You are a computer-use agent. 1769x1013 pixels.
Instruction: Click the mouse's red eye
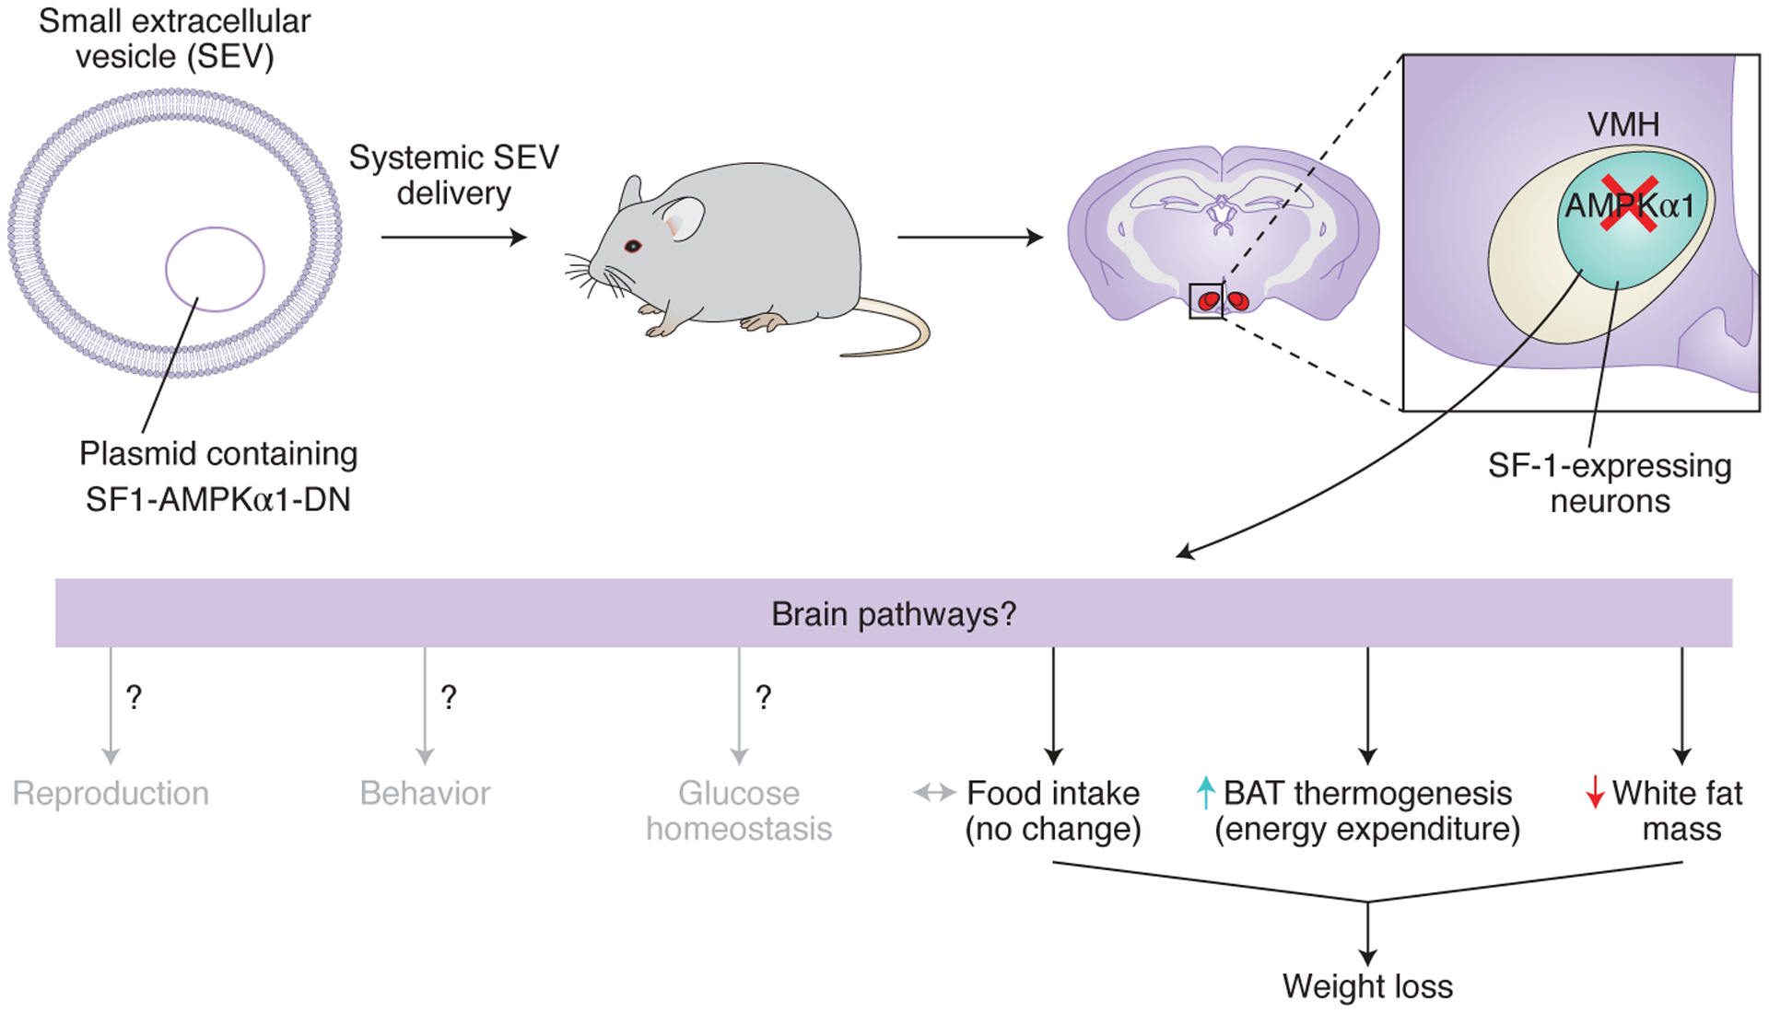pyautogui.click(x=633, y=246)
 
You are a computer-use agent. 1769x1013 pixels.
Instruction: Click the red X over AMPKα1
pyautogui.click(x=1629, y=204)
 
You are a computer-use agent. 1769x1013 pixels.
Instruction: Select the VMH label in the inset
pyautogui.click(x=1623, y=124)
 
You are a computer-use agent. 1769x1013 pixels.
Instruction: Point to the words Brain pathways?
pyautogui.click(x=894, y=614)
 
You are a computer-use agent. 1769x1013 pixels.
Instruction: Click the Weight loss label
pyautogui.click(x=1367, y=986)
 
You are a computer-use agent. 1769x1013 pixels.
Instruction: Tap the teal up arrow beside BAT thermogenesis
pyautogui.click(x=1205, y=793)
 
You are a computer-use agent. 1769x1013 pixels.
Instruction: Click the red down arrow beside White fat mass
pyautogui.click(x=1595, y=793)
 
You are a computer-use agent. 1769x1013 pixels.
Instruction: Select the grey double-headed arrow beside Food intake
pyautogui.click(x=934, y=793)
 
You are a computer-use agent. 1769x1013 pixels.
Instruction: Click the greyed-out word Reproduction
pyautogui.click(x=111, y=793)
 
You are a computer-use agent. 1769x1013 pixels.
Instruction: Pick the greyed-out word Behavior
pyautogui.click(x=425, y=793)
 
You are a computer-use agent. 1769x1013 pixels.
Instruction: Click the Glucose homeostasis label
pyautogui.click(x=739, y=810)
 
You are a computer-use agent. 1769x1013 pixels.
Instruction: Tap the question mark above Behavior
pyautogui.click(x=449, y=697)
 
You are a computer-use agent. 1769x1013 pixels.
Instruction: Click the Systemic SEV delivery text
pyautogui.click(x=453, y=175)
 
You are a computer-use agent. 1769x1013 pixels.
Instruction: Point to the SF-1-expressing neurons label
pyautogui.click(x=1610, y=483)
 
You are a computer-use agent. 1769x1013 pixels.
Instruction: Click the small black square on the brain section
pyautogui.click(x=1206, y=301)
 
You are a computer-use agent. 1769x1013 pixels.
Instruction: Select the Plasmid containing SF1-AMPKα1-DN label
pyautogui.click(x=218, y=476)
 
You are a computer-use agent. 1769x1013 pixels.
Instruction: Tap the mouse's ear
pyautogui.click(x=682, y=219)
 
